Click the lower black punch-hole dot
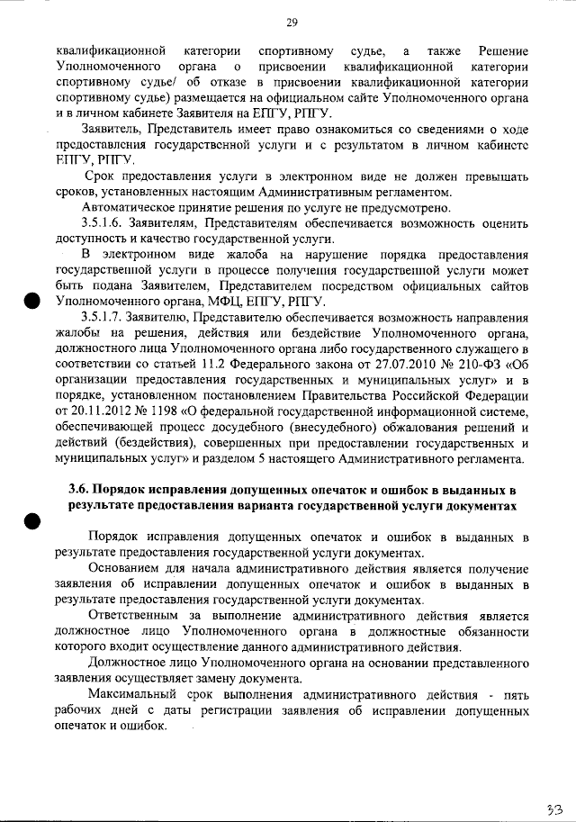33,520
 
